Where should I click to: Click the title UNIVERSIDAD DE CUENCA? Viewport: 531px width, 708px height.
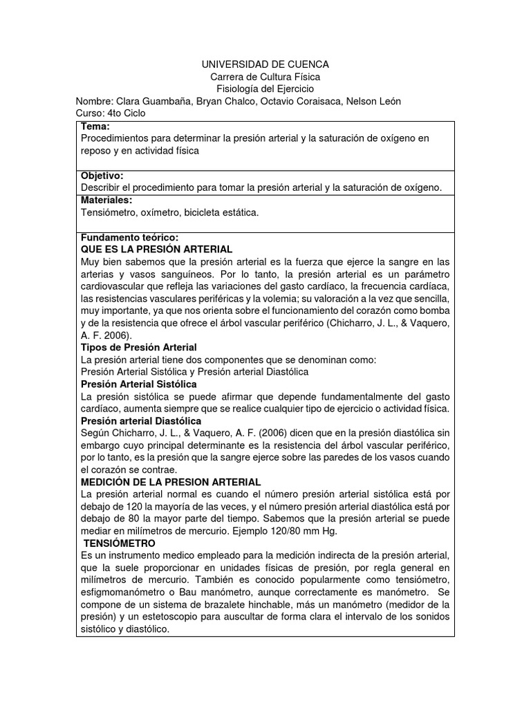pyautogui.click(x=265, y=64)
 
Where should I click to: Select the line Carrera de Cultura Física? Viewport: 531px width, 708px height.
pyautogui.click(x=265, y=77)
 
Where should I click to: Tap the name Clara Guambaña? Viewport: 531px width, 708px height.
pyautogui.click(x=147, y=102)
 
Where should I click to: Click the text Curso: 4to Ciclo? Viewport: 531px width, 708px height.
pyautogui.click(x=111, y=114)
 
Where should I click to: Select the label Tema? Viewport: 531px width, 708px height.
pyautogui.click(x=95, y=127)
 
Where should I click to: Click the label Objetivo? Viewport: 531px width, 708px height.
pyautogui.click(x=102, y=176)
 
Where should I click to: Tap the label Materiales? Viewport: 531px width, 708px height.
pyautogui.click(x=106, y=200)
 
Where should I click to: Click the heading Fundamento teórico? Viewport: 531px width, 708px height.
pyautogui.click(x=130, y=237)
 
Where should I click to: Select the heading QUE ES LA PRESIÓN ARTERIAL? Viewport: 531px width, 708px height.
pyautogui.click(x=156, y=249)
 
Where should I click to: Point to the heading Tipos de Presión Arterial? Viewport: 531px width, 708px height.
pyautogui.click(x=139, y=347)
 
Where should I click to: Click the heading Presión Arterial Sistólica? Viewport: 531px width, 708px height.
pyautogui.click(x=139, y=384)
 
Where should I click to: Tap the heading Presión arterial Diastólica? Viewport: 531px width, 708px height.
pyautogui.click(x=141, y=420)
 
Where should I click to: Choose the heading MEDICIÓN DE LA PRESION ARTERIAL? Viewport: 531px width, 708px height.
pyautogui.click(x=171, y=482)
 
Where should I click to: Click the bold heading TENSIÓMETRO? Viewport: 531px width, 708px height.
pyautogui.click(x=120, y=543)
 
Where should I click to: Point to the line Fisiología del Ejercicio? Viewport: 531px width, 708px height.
pyautogui.click(x=265, y=89)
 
